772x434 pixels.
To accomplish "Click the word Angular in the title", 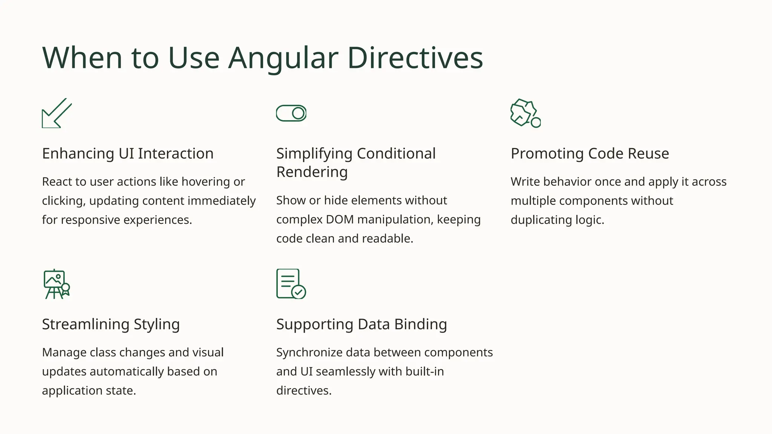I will click(x=283, y=58).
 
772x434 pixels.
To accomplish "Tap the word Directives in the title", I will click(x=415, y=58).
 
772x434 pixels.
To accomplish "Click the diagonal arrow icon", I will click(x=57, y=113).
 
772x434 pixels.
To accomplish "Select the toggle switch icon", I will click(x=291, y=113).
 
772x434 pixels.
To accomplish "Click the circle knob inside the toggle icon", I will click(x=298, y=113).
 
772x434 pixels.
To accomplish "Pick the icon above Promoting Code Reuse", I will click(x=525, y=113).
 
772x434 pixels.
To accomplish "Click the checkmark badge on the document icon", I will click(x=299, y=292).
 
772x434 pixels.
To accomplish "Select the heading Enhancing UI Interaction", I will click(x=128, y=154).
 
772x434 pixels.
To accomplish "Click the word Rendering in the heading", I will click(x=312, y=172).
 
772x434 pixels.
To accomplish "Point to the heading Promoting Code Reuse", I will click(x=590, y=154).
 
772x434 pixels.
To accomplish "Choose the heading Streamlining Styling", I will click(x=111, y=324).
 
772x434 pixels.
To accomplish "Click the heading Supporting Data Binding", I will click(x=361, y=324).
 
